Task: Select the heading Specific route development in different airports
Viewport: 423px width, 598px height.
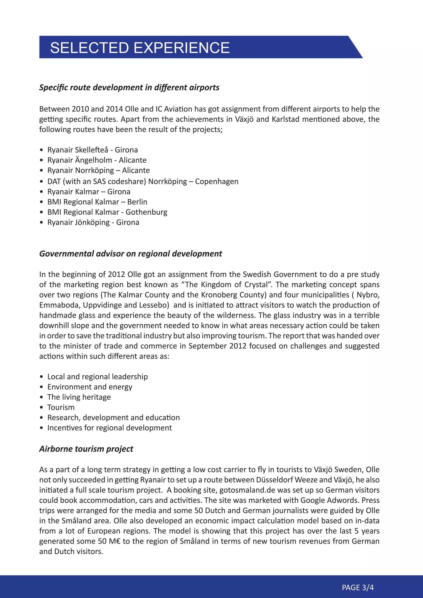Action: point(129,88)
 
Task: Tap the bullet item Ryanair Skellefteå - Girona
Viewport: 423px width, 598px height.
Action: point(93,150)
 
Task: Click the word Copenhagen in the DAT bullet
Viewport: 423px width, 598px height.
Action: point(217,182)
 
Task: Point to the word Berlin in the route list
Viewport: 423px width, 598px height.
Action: point(137,202)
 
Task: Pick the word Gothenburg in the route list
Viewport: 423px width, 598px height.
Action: point(146,212)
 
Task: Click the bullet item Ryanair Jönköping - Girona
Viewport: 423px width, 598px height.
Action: point(93,222)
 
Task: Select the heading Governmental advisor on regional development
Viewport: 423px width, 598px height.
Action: point(131,254)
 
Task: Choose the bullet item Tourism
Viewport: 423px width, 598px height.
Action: point(61,407)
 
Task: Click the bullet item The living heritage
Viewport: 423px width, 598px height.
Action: point(79,397)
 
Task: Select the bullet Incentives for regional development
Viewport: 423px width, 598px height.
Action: point(109,428)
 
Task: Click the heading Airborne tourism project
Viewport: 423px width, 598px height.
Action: point(86,449)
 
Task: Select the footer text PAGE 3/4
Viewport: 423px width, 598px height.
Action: point(358,588)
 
